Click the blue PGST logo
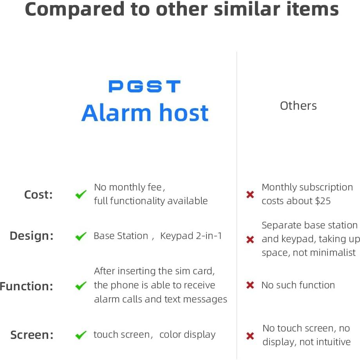[x=144, y=87]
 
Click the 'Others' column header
[x=298, y=106]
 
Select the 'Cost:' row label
[x=38, y=195]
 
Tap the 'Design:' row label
[x=31, y=236]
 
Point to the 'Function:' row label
[x=27, y=286]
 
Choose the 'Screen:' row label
[x=32, y=335]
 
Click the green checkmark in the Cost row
[x=81, y=194]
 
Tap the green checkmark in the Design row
[x=81, y=236]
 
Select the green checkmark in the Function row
[x=81, y=286]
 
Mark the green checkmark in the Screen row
[x=81, y=335]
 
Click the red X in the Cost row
[x=250, y=194]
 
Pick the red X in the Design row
[x=250, y=239]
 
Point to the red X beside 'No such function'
[x=250, y=285]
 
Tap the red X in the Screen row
[x=250, y=336]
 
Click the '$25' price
[x=323, y=201]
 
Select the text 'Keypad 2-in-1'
[x=191, y=236]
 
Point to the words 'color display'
[x=187, y=335]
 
